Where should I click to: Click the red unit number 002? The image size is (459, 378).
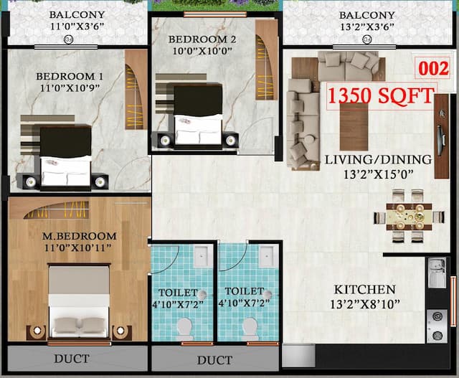pyautogui.click(x=433, y=69)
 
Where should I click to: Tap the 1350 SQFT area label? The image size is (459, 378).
pyautogui.click(x=381, y=95)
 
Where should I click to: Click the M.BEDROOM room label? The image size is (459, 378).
pyautogui.click(x=79, y=236)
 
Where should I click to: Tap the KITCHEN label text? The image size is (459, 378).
pyautogui.click(x=364, y=290)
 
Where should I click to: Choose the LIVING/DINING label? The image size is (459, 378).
pyautogui.click(x=377, y=159)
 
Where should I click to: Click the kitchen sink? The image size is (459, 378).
pyautogui.click(x=436, y=272)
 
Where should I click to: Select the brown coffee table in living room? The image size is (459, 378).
pyautogui.click(x=354, y=126)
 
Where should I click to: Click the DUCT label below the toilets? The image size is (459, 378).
pyautogui.click(x=214, y=360)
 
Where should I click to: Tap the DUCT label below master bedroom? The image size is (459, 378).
pyautogui.click(x=72, y=358)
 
